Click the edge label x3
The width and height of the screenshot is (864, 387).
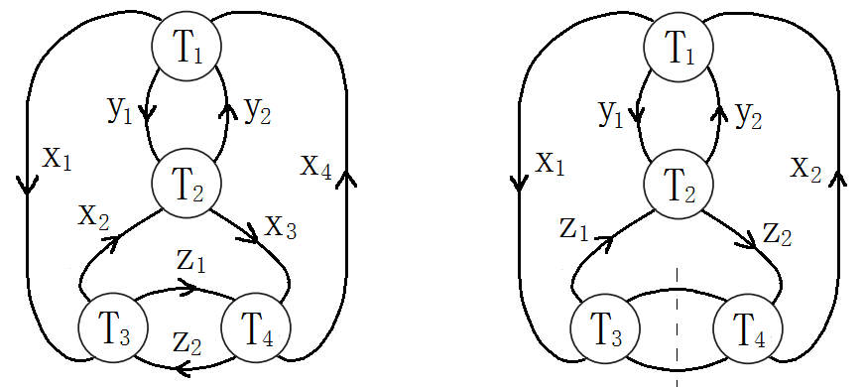(x=281, y=227)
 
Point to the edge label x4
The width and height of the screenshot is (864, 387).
(x=316, y=164)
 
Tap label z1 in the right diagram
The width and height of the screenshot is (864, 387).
(x=572, y=229)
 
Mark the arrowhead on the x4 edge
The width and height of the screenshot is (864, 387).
(x=346, y=178)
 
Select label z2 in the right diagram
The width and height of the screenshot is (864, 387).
(x=778, y=234)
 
